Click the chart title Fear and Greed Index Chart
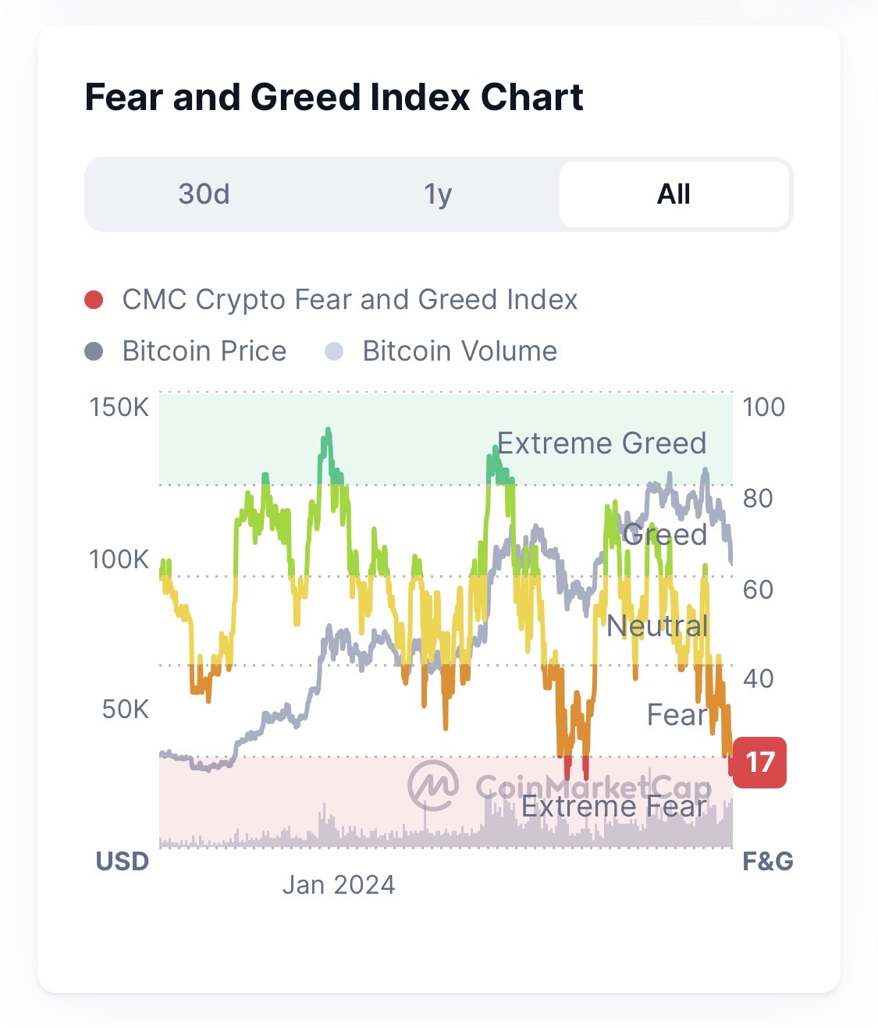pyautogui.click(x=333, y=98)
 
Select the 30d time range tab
pyautogui.click(x=204, y=194)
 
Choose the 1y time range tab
pyautogui.click(x=438, y=194)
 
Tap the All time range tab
pyautogui.click(x=674, y=194)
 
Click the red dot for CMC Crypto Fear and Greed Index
pyautogui.click(x=94, y=300)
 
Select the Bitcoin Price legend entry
pyautogui.click(x=204, y=351)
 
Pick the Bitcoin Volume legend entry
pyautogui.click(x=459, y=351)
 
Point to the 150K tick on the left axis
pyautogui.click(x=119, y=407)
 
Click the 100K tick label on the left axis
pyautogui.click(x=119, y=559)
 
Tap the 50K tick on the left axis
pyautogui.click(x=125, y=709)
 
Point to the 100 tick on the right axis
pyautogui.click(x=763, y=407)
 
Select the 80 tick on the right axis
pyautogui.click(x=757, y=498)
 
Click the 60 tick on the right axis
pyautogui.click(x=757, y=589)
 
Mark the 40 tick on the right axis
pyautogui.click(x=757, y=678)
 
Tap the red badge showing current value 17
pyautogui.click(x=759, y=762)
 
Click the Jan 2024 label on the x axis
pyautogui.click(x=338, y=884)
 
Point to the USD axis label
pyautogui.click(x=123, y=861)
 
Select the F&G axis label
pyautogui.click(x=768, y=861)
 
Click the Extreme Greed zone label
pyautogui.click(x=602, y=443)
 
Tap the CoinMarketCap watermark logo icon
pyautogui.click(x=433, y=786)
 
